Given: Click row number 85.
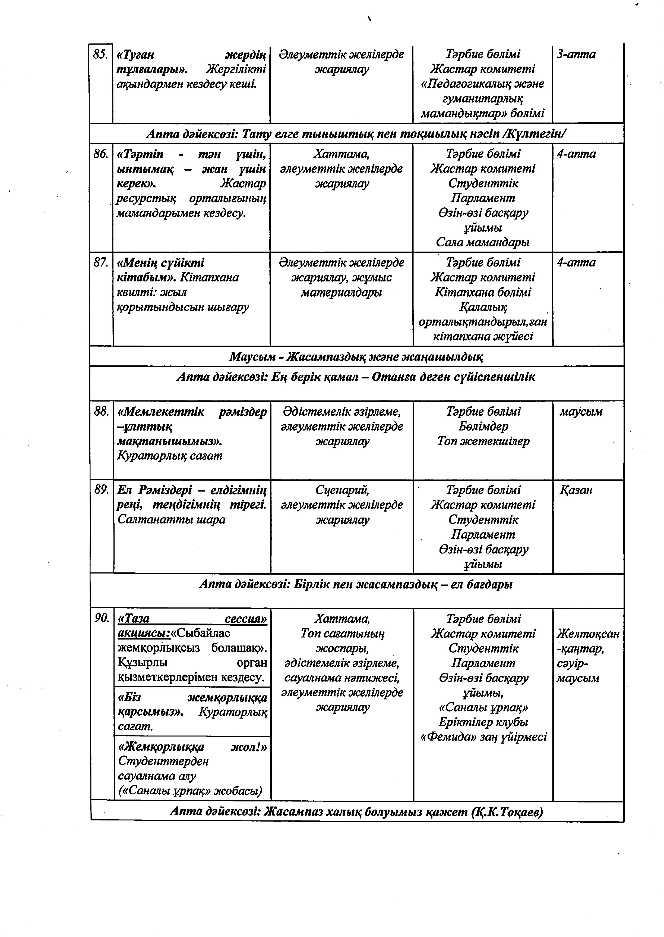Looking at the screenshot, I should [x=100, y=54].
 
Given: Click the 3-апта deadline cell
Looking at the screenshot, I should [x=576, y=54].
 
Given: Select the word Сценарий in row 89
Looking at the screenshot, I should [x=342, y=490].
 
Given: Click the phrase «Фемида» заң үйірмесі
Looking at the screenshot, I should [x=483, y=737].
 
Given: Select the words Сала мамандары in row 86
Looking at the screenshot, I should [x=483, y=243].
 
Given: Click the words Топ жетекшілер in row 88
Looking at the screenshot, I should [x=483, y=441].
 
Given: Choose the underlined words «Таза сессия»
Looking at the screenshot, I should [x=192, y=619].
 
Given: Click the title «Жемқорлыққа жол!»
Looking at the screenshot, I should [x=192, y=747].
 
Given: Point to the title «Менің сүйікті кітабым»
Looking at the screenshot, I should [x=161, y=270].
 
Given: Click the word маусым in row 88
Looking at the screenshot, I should [x=581, y=412].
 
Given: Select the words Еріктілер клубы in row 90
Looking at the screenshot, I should [x=483, y=722].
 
